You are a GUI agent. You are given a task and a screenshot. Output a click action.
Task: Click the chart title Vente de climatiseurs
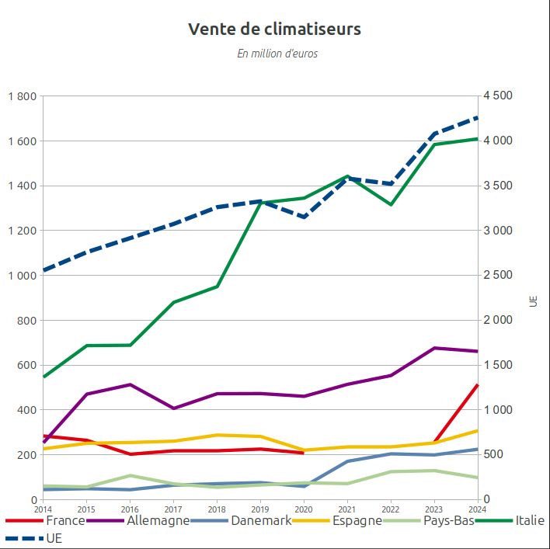pos(274,30)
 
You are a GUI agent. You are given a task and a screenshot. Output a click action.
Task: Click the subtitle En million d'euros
pos(277,54)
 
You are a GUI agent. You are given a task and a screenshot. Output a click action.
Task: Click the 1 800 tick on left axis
pos(23,96)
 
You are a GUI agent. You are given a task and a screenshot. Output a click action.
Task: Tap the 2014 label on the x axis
pos(43,509)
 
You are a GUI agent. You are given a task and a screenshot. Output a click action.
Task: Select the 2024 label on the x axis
pos(477,509)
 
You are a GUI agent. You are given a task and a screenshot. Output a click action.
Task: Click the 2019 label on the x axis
pos(260,509)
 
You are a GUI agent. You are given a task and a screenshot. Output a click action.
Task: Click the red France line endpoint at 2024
pos(477,385)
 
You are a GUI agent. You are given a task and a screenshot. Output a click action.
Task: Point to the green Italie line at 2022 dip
pos(391,204)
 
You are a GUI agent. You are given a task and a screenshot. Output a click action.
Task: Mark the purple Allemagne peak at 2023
pos(434,348)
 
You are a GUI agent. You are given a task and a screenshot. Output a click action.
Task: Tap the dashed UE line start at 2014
pos(44,270)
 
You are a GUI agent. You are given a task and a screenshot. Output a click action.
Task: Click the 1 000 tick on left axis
pos(23,276)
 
